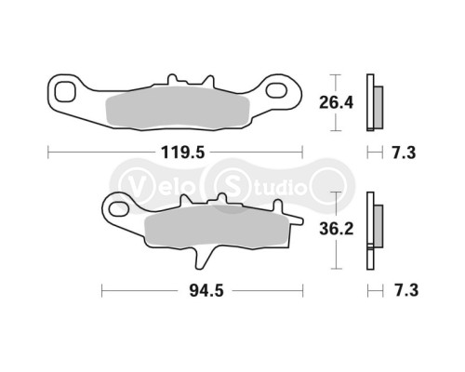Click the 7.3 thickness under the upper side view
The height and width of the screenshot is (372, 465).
coord(404,148)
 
